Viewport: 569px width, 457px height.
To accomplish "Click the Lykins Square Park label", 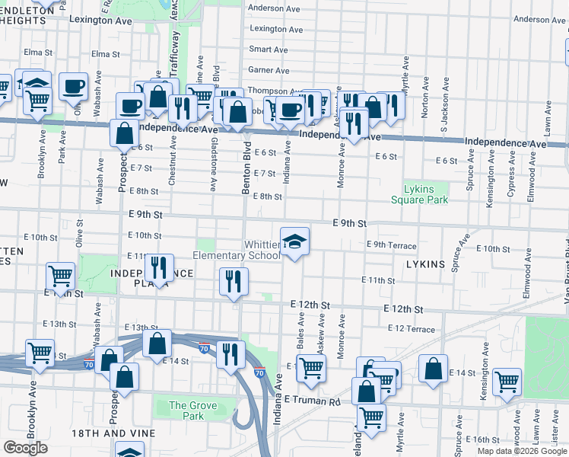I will [419, 194].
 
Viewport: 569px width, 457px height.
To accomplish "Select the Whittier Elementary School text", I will [237, 251].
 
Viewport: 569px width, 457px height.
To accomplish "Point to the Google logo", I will [25, 448].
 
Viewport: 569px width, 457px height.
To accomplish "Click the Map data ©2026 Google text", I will [522, 451].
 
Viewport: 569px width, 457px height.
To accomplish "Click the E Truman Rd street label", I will [313, 400].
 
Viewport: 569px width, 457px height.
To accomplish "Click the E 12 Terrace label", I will [411, 329].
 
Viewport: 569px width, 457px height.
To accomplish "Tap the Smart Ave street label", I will [269, 50].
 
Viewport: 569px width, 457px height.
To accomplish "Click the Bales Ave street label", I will [301, 336].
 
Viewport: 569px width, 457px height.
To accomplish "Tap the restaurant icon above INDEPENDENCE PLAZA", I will [158, 267].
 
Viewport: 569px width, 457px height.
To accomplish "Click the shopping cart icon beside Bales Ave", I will [310, 368].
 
